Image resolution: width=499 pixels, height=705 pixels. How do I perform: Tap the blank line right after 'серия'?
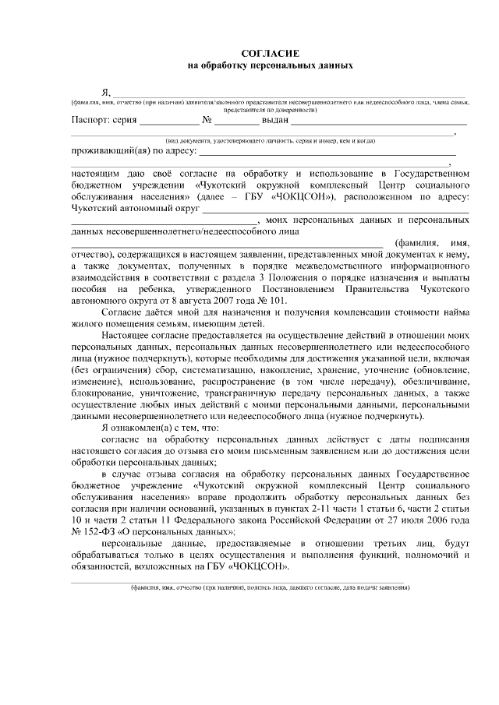(169, 122)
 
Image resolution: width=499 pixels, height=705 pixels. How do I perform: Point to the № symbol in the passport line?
(208, 121)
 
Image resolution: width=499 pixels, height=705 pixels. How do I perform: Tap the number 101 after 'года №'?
(277, 300)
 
